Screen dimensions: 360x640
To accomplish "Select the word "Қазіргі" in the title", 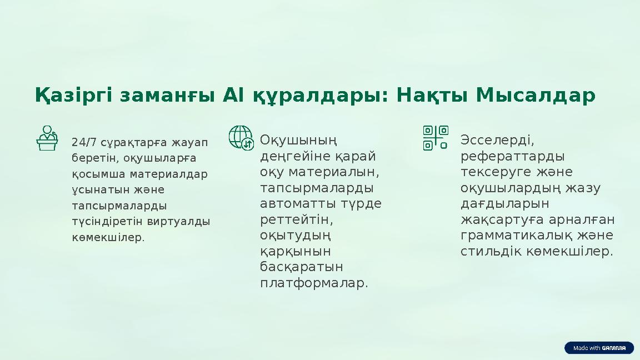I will pyautogui.click(x=73, y=96).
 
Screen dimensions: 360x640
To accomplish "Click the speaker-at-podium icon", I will pyautogui.click(x=47, y=138).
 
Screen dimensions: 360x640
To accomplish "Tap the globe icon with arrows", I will pyautogui.click(x=241, y=137).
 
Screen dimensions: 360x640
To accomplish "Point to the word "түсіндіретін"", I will pyautogui.click(x=108, y=221).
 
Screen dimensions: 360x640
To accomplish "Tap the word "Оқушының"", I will pyautogui.click(x=299, y=139).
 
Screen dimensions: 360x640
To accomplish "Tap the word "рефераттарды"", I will pyautogui.click(x=513, y=155).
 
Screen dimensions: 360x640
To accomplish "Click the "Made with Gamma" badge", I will pyautogui.click(x=599, y=348).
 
